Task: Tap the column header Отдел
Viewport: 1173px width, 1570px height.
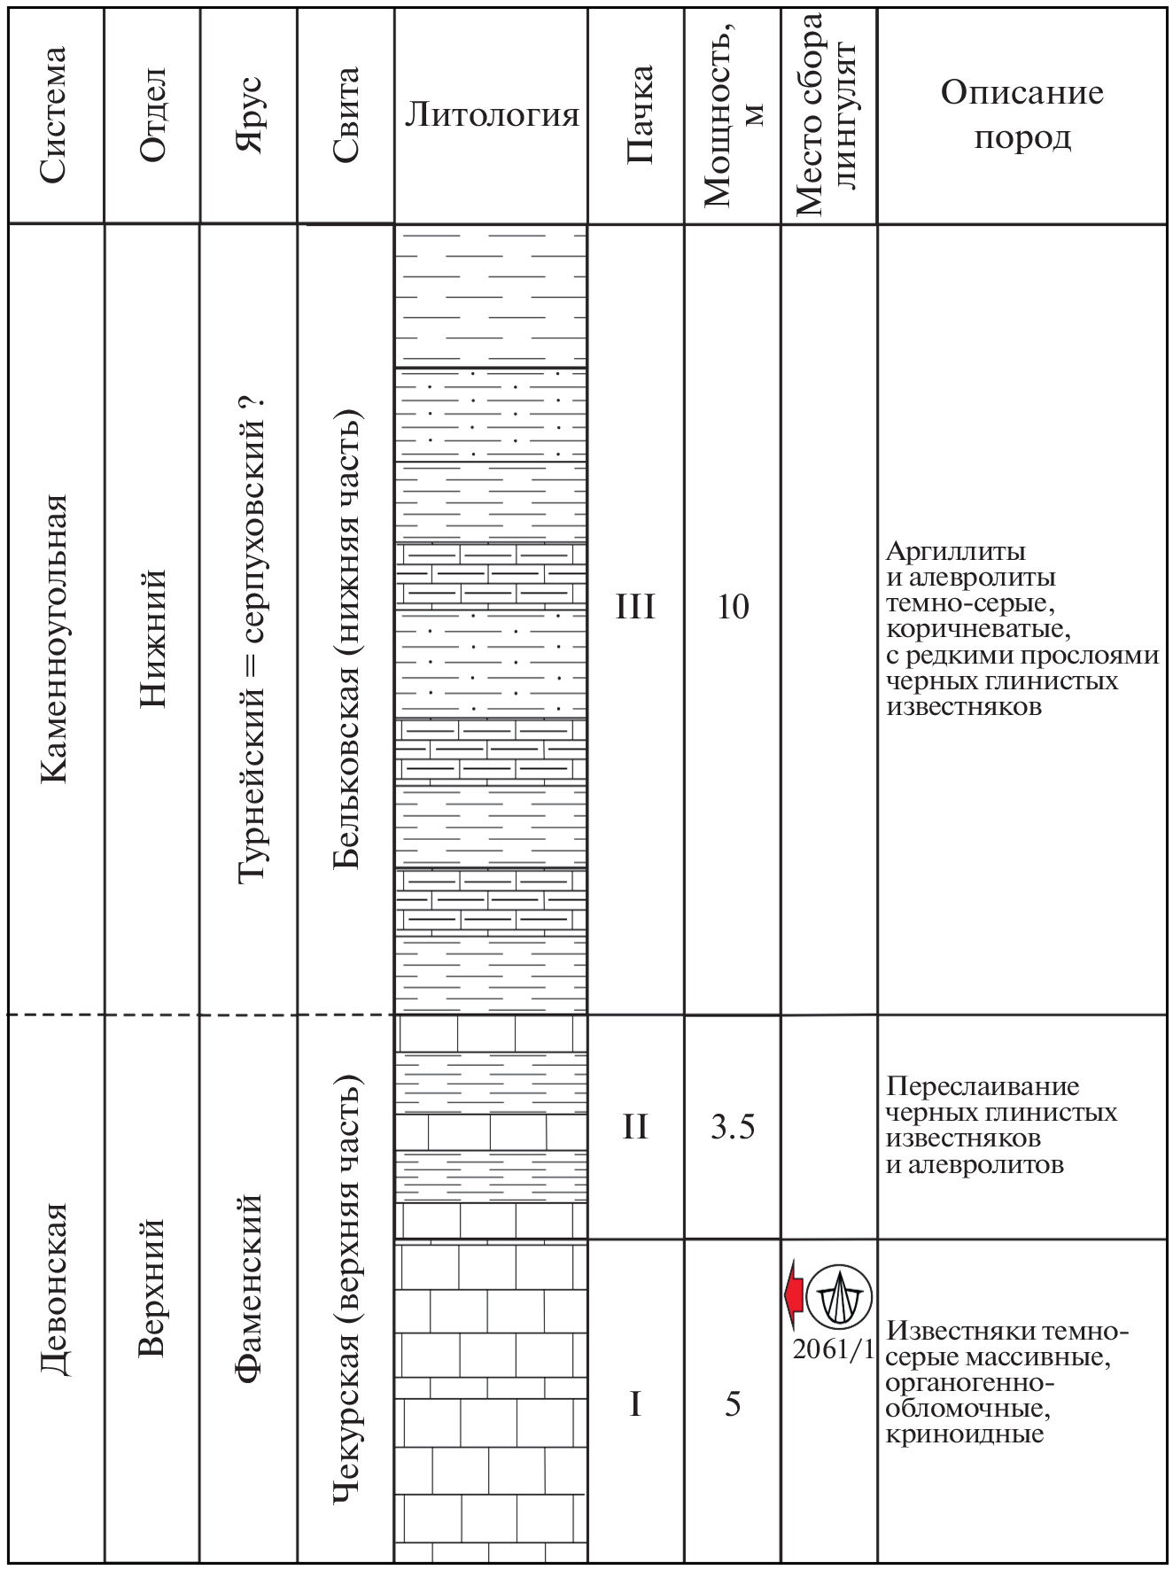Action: click(152, 115)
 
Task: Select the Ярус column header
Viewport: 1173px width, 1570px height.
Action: click(251, 115)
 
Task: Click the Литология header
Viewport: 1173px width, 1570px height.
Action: click(491, 115)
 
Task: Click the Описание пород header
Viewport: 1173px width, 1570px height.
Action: click(1022, 115)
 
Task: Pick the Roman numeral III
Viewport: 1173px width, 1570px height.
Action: click(635, 608)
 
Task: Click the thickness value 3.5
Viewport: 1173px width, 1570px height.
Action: click(733, 1128)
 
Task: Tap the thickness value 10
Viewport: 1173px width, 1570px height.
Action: click(733, 608)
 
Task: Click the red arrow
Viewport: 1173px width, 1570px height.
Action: click(794, 1294)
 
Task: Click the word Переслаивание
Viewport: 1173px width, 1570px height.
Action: click(983, 1086)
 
